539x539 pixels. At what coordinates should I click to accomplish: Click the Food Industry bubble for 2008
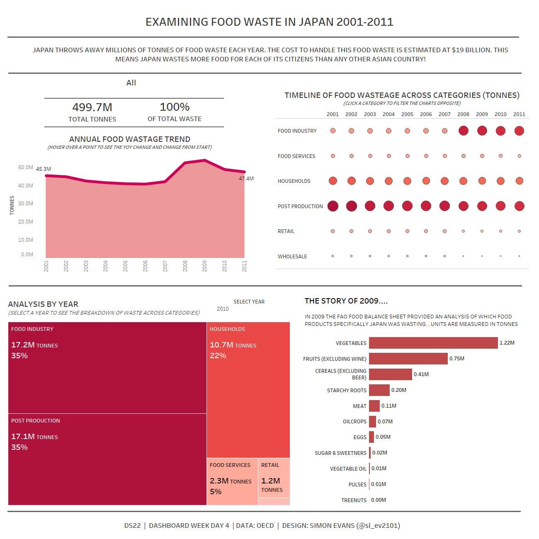463,131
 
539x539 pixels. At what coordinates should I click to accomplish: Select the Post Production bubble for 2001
333,206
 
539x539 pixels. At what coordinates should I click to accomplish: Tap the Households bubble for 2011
519,181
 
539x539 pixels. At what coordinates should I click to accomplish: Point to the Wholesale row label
292,257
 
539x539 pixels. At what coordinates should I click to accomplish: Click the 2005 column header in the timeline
407,114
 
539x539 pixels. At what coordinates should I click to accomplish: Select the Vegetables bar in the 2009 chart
433,343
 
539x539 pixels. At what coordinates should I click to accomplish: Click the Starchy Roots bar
379,390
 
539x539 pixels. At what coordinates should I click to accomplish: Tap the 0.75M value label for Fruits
456,359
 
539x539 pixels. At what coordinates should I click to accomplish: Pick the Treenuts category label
354,500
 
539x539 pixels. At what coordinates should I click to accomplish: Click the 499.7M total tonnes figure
92,107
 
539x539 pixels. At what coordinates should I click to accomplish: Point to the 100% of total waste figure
175,107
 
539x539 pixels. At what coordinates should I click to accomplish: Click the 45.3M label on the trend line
44,169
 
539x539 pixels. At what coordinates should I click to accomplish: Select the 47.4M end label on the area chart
246,179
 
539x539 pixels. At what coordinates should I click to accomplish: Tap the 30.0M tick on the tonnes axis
26,204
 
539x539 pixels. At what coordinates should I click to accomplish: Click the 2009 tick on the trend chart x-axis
205,266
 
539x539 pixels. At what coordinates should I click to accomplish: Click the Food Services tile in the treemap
232,481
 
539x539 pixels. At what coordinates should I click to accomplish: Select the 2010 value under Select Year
223,309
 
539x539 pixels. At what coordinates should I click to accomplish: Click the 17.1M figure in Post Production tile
23,437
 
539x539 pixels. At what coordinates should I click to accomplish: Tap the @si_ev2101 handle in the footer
378,526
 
